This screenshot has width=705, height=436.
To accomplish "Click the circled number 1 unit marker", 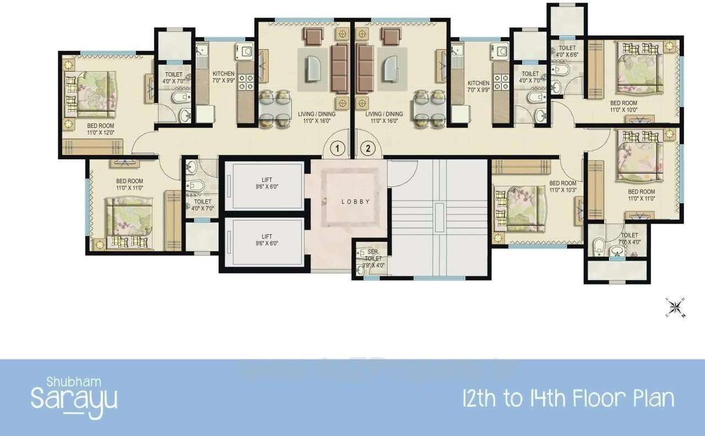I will tap(338, 148).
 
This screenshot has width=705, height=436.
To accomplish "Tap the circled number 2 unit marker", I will tap(367, 148).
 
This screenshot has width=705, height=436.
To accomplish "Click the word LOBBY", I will tap(355, 202).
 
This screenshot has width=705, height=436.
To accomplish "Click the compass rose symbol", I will tap(676, 308).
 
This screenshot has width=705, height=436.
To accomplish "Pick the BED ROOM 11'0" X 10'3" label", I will tap(562, 186).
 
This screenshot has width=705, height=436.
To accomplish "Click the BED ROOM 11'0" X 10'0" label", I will tap(623, 106).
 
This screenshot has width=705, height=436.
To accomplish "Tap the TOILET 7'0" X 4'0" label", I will tap(629, 230).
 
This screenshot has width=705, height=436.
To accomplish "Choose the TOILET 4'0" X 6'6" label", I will tap(567, 51).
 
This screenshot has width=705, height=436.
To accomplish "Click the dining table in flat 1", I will tap(275, 109).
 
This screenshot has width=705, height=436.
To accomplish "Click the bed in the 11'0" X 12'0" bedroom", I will tap(95, 95).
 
